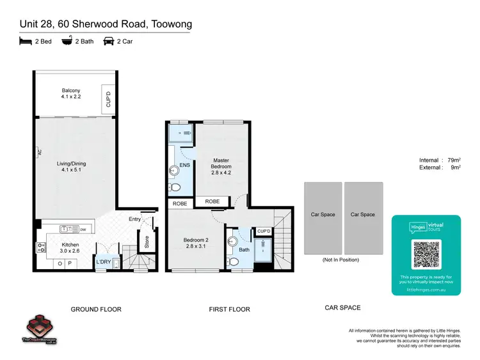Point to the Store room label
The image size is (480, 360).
tap(146, 242)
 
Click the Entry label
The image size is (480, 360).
tap(135, 219)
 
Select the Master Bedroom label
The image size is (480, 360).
tap(221, 163)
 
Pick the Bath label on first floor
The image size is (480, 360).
tap(244, 250)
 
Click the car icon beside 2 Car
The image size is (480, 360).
tap(108, 42)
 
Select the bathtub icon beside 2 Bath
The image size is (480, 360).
tap(66, 42)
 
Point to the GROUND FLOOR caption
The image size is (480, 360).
tap(95, 309)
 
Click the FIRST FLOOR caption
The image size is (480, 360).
tap(229, 309)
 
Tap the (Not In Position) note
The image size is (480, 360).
tap(340, 260)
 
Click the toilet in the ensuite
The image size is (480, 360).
tap(175, 187)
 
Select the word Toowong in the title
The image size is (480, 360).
tap(168, 24)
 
